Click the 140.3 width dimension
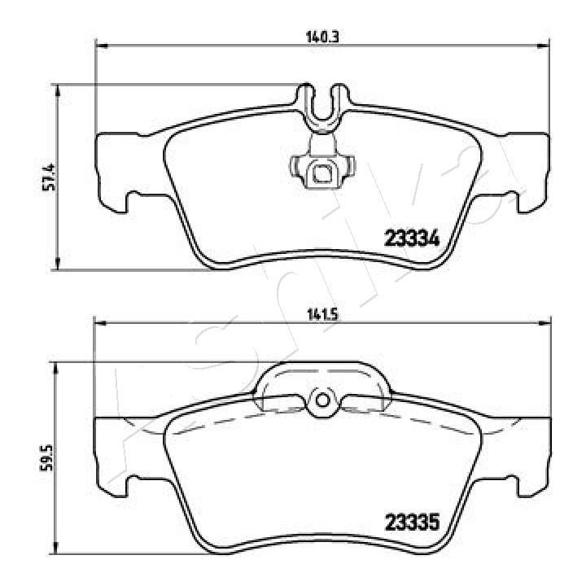pos(322,37)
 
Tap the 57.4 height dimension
pos(49,177)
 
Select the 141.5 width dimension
pos(322,315)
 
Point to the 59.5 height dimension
pos(48,457)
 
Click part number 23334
pos(412,238)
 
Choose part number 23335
pos(412,522)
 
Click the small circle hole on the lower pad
pos(322,400)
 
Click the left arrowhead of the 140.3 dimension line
pos(102,46)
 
